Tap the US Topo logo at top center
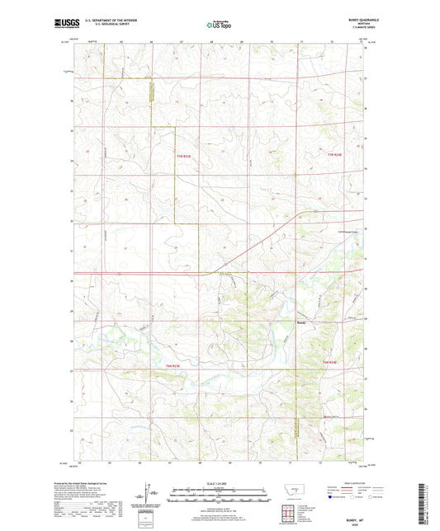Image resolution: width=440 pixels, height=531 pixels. tap(220, 25)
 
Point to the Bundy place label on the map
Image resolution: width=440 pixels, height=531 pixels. tap(302, 322)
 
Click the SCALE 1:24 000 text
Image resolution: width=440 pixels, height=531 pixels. tap(220, 483)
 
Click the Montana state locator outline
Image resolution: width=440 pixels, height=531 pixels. tap(296, 493)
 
